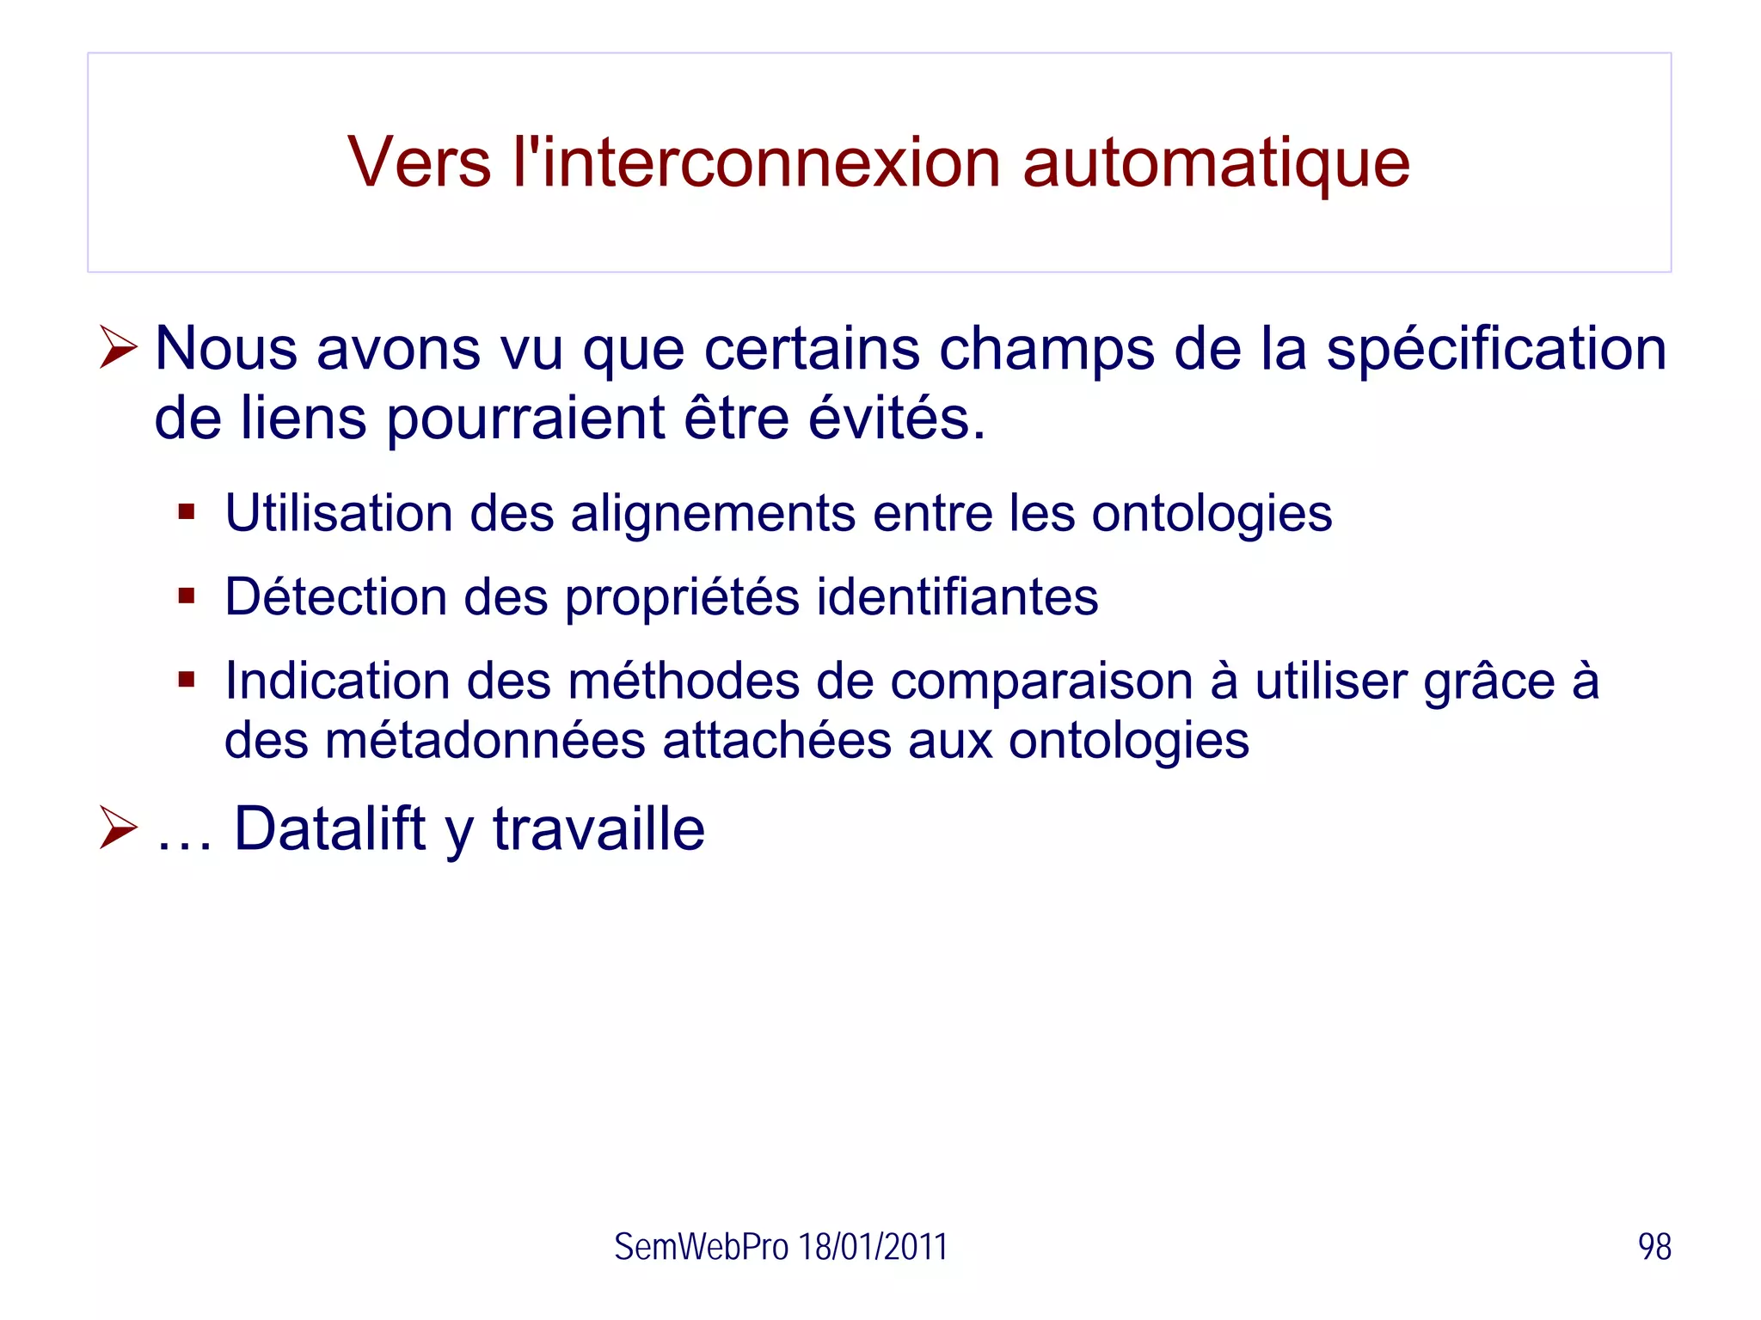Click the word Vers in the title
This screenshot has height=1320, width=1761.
coord(419,162)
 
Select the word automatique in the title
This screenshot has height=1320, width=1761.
coord(1216,164)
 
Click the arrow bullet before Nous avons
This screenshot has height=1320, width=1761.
coord(118,347)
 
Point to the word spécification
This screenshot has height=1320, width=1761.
coord(1495,350)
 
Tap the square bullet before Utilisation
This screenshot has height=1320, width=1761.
coord(187,513)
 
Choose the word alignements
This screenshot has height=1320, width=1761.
coord(713,515)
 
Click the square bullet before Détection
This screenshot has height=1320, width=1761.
coord(187,596)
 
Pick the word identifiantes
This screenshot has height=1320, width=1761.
coord(957,597)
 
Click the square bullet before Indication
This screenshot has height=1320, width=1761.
coord(187,680)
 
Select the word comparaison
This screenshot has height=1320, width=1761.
coord(1041,682)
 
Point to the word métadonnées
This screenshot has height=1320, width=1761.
coord(486,741)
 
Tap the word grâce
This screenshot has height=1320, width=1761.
coord(1489,682)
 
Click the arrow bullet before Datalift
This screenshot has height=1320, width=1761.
coord(118,828)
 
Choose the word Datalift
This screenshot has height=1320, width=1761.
coord(330,828)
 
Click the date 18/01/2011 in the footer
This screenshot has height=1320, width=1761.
coord(873,1247)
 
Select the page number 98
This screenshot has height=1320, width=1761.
coord(1654,1247)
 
